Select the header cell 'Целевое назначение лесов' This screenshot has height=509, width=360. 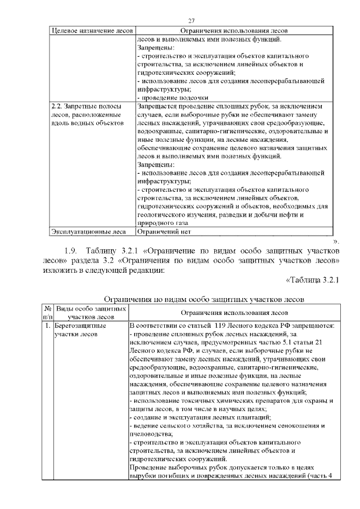(92, 31)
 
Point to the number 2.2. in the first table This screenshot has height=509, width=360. (57, 105)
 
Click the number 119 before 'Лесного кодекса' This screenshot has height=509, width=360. (218, 326)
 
